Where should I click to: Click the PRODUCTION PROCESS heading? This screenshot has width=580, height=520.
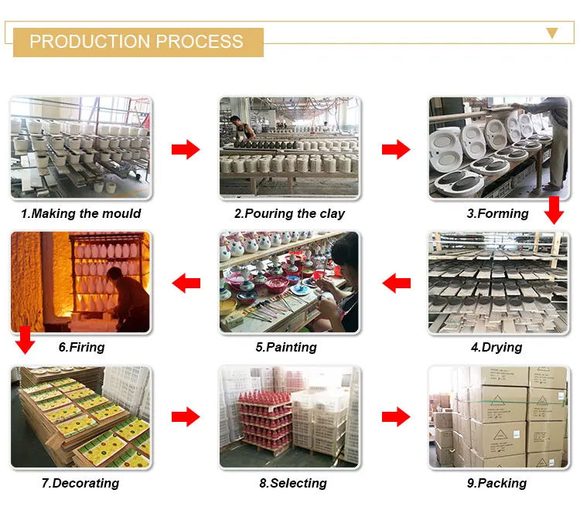point(136,42)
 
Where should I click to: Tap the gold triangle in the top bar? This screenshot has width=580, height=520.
point(551,32)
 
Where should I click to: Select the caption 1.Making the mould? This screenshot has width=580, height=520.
point(81,213)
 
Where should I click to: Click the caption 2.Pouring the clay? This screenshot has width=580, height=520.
point(289,213)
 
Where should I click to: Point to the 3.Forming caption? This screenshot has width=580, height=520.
point(497,213)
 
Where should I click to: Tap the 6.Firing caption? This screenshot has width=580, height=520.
point(81,347)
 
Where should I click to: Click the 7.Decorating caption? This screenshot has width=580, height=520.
point(80,483)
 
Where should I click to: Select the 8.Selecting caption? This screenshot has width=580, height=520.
point(291,483)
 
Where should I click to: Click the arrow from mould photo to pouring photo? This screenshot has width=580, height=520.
point(186,149)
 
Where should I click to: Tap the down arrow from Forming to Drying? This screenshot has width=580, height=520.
point(553,209)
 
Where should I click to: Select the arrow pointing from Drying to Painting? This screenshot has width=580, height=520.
point(397,284)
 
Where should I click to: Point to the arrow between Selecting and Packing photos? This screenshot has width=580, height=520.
point(397,417)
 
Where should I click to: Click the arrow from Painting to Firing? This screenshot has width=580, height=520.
point(186,284)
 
